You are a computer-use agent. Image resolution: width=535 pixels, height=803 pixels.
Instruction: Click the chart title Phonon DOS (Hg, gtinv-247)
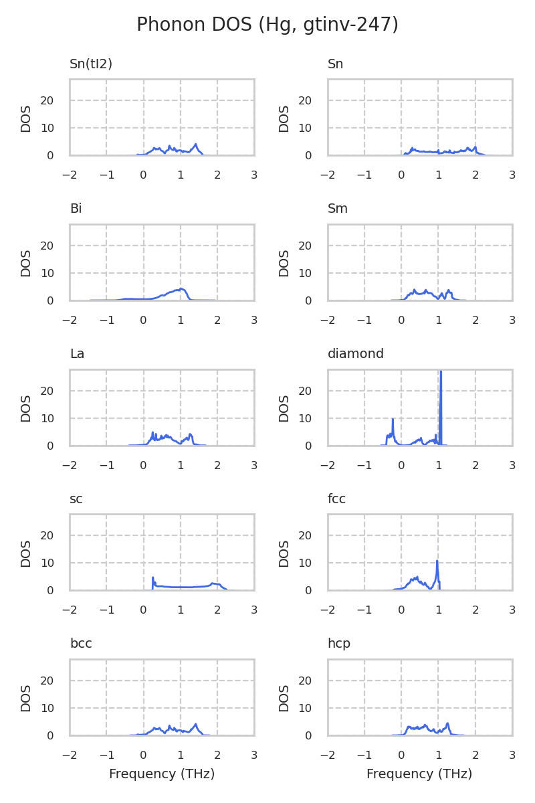[x=267, y=25]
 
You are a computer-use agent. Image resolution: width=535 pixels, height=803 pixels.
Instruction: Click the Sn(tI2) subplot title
[x=91, y=64]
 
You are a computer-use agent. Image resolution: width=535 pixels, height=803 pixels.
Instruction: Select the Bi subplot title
[x=76, y=209]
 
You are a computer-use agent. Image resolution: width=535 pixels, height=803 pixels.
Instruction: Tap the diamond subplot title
[x=355, y=354]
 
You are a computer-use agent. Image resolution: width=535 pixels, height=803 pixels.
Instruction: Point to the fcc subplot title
[x=336, y=499]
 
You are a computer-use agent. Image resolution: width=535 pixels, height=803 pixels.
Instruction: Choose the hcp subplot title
[x=338, y=644]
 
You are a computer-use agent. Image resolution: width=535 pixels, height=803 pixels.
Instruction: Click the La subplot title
[x=77, y=354]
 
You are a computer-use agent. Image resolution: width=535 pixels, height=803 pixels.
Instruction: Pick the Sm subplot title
[x=337, y=209]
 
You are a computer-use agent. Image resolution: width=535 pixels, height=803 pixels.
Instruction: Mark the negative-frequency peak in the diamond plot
[x=393, y=420]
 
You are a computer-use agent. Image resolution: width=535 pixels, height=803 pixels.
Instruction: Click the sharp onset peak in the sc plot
[x=152, y=577]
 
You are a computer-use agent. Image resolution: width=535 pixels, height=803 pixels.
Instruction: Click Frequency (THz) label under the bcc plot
[x=162, y=774]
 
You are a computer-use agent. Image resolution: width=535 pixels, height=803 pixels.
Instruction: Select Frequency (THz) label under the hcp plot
[x=419, y=774]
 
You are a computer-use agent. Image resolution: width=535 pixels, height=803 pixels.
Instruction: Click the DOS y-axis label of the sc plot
[x=26, y=553]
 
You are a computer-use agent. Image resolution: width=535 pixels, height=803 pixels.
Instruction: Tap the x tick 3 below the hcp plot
[x=512, y=755]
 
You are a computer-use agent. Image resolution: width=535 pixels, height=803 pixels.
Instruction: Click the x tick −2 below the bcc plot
[x=70, y=755]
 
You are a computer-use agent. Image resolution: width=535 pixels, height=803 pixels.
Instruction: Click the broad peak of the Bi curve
[x=181, y=289]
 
